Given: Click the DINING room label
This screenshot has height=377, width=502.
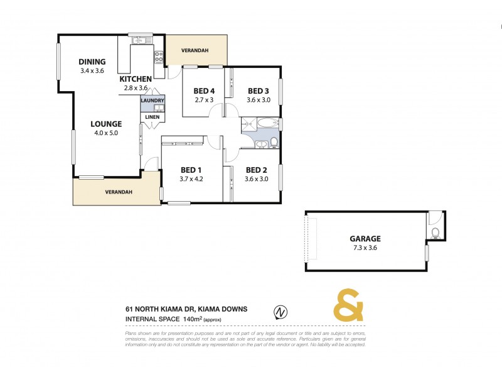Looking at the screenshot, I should point(92,62).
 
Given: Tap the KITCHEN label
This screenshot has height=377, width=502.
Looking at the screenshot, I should point(134,79).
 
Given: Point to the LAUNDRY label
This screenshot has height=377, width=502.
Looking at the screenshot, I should point(153,101).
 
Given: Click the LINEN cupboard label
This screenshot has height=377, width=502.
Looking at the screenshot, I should point(152,117).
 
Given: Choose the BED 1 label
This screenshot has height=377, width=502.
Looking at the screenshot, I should point(191,170).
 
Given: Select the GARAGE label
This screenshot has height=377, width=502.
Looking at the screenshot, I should point(365,239).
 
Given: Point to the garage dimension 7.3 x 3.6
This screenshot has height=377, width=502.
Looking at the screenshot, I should point(365,248).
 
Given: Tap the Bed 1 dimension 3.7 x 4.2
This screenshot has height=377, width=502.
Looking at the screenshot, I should point(191,178).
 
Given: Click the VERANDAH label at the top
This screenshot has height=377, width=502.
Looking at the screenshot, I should point(195,51).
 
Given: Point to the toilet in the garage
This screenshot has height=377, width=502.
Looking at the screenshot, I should point(435,232).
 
